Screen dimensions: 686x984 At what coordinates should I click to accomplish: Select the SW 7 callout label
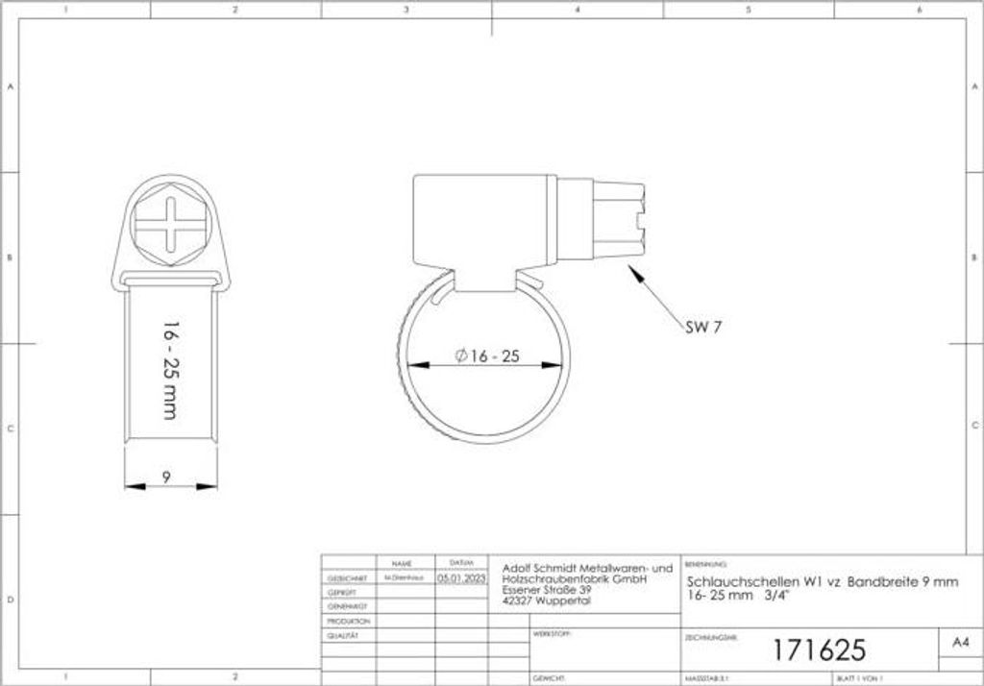(703, 327)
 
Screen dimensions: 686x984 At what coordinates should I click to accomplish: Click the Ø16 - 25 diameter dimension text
(487, 356)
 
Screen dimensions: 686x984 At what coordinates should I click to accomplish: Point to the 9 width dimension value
(166, 475)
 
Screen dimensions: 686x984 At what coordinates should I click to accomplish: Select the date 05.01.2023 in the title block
(462, 579)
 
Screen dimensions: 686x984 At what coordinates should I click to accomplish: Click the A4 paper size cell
(958, 642)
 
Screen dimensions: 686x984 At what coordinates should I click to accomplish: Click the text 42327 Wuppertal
(547, 601)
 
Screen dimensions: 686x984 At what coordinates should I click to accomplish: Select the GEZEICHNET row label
(344, 580)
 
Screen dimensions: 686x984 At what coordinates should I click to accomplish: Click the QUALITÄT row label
(343, 635)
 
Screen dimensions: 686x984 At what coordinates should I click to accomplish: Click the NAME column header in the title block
(402, 562)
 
